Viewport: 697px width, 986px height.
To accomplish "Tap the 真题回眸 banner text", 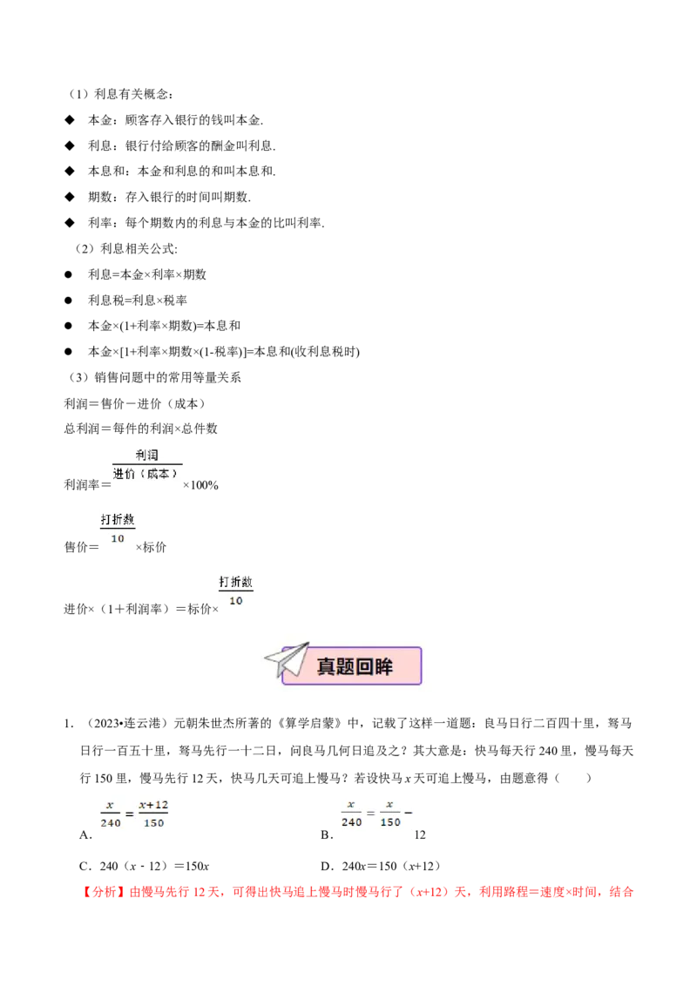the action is [355, 666].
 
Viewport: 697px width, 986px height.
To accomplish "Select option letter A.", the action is [85, 835].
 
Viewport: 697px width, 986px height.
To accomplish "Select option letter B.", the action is [327, 835].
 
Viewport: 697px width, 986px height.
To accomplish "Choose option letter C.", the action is [85, 867].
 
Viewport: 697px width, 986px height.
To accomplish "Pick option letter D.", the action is [327, 867].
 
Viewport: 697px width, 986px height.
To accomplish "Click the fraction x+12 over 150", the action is [153, 814].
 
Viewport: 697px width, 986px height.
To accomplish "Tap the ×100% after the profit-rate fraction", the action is [200, 485].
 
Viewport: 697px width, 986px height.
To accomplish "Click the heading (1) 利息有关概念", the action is [120, 94].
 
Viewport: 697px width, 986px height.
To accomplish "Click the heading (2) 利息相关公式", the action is [125, 249].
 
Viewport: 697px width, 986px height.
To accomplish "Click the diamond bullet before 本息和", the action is [70, 171].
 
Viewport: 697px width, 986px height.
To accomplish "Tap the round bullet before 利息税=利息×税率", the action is [69, 301].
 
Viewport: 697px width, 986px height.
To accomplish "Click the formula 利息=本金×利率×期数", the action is [147, 274].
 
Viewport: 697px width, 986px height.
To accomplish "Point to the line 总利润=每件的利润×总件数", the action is [141, 429].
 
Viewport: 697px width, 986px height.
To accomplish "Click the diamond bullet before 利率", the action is [70, 223].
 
